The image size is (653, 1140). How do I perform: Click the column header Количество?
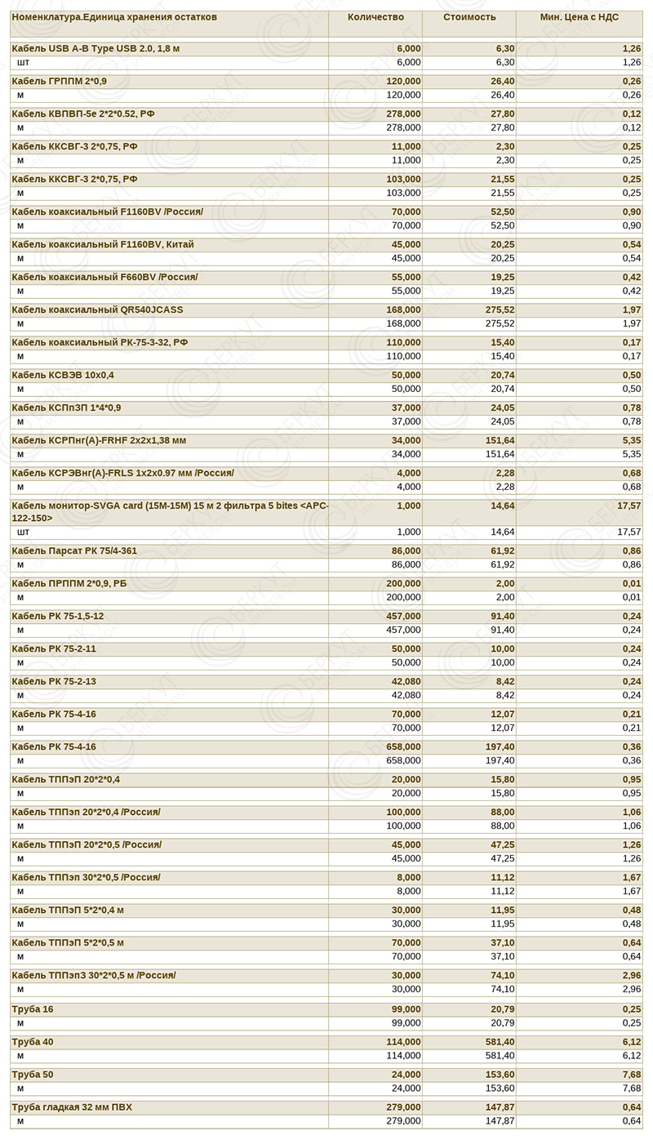tap(375, 16)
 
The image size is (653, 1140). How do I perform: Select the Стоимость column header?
tap(469, 16)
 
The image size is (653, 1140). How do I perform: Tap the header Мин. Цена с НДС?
tap(580, 16)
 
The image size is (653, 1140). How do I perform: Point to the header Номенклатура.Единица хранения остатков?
tap(114, 16)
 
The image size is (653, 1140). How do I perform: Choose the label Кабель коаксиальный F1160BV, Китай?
tap(103, 245)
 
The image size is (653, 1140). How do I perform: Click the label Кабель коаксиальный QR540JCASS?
tap(98, 310)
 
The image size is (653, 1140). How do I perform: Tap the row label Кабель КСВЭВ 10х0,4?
tap(64, 376)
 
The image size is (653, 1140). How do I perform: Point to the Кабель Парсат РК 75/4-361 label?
tap(74, 551)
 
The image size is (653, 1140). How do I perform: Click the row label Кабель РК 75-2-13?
tap(54, 682)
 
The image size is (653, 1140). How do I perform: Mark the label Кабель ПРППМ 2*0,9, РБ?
tap(69, 584)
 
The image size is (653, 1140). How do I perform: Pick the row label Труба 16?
tap(33, 1009)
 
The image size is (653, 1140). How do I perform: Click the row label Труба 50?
tap(33, 1075)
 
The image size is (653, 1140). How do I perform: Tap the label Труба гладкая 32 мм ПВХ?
tap(72, 1107)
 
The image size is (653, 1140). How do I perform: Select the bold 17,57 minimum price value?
tap(629, 506)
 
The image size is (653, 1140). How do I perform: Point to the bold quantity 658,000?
tap(403, 747)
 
